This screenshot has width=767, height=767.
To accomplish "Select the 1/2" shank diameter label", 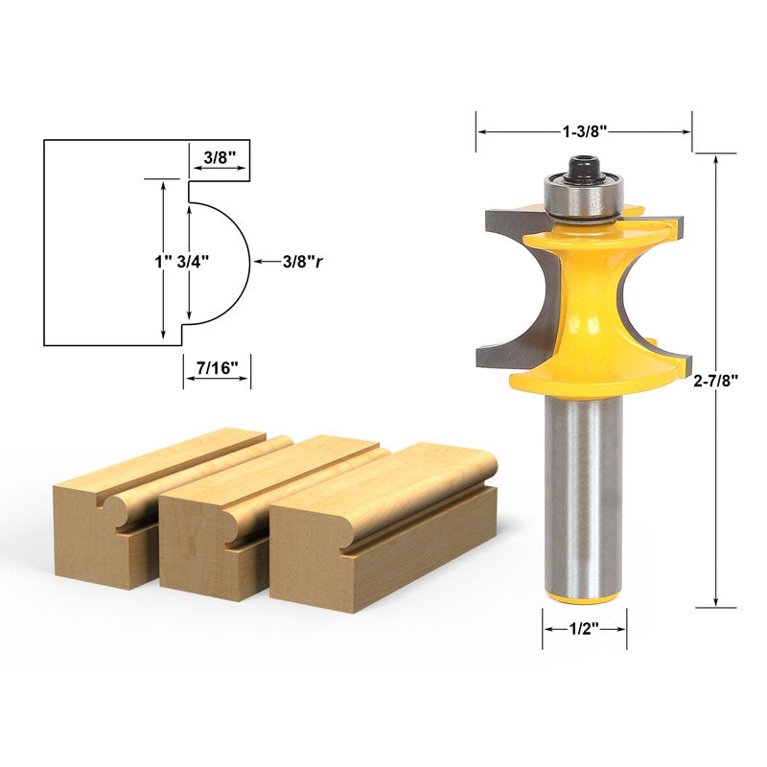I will (584, 630).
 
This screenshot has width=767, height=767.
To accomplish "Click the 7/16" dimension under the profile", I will (217, 367).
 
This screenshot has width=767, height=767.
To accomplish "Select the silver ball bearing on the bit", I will (583, 197).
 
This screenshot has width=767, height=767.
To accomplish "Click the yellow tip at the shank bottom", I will (584, 597).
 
